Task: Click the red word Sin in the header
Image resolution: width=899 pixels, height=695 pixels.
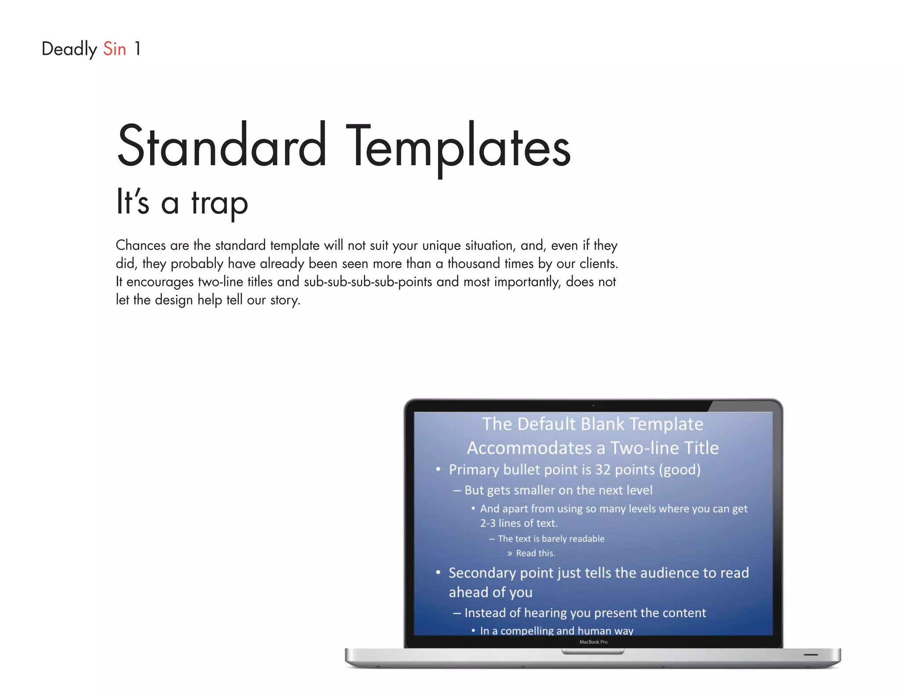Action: click(x=115, y=49)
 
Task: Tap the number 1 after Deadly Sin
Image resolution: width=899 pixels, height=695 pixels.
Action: click(x=137, y=49)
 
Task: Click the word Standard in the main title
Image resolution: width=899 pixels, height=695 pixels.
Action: click(x=222, y=146)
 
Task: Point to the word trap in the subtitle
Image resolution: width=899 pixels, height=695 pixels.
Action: click(x=219, y=203)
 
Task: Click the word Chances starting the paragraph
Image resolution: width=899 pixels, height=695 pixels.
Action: click(x=140, y=245)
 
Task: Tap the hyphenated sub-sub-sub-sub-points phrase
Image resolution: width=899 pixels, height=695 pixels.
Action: click(x=368, y=282)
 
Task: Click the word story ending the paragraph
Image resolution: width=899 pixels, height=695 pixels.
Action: click(x=285, y=300)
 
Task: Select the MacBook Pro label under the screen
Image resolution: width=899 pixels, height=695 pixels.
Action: click(x=593, y=642)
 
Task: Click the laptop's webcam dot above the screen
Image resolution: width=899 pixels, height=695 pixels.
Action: click(x=593, y=405)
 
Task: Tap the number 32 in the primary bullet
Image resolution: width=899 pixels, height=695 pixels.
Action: click(x=603, y=470)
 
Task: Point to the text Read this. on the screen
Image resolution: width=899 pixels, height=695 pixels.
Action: click(x=535, y=553)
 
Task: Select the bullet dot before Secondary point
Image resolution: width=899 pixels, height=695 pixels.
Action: click(x=438, y=572)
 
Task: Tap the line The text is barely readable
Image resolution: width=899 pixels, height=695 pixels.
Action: click(x=551, y=539)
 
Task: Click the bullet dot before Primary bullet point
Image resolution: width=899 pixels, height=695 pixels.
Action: click(x=438, y=469)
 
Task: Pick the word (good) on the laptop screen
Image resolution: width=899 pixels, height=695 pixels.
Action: click(x=680, y=470)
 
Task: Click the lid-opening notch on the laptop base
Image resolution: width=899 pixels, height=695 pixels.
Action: click(x=593, y=652)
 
